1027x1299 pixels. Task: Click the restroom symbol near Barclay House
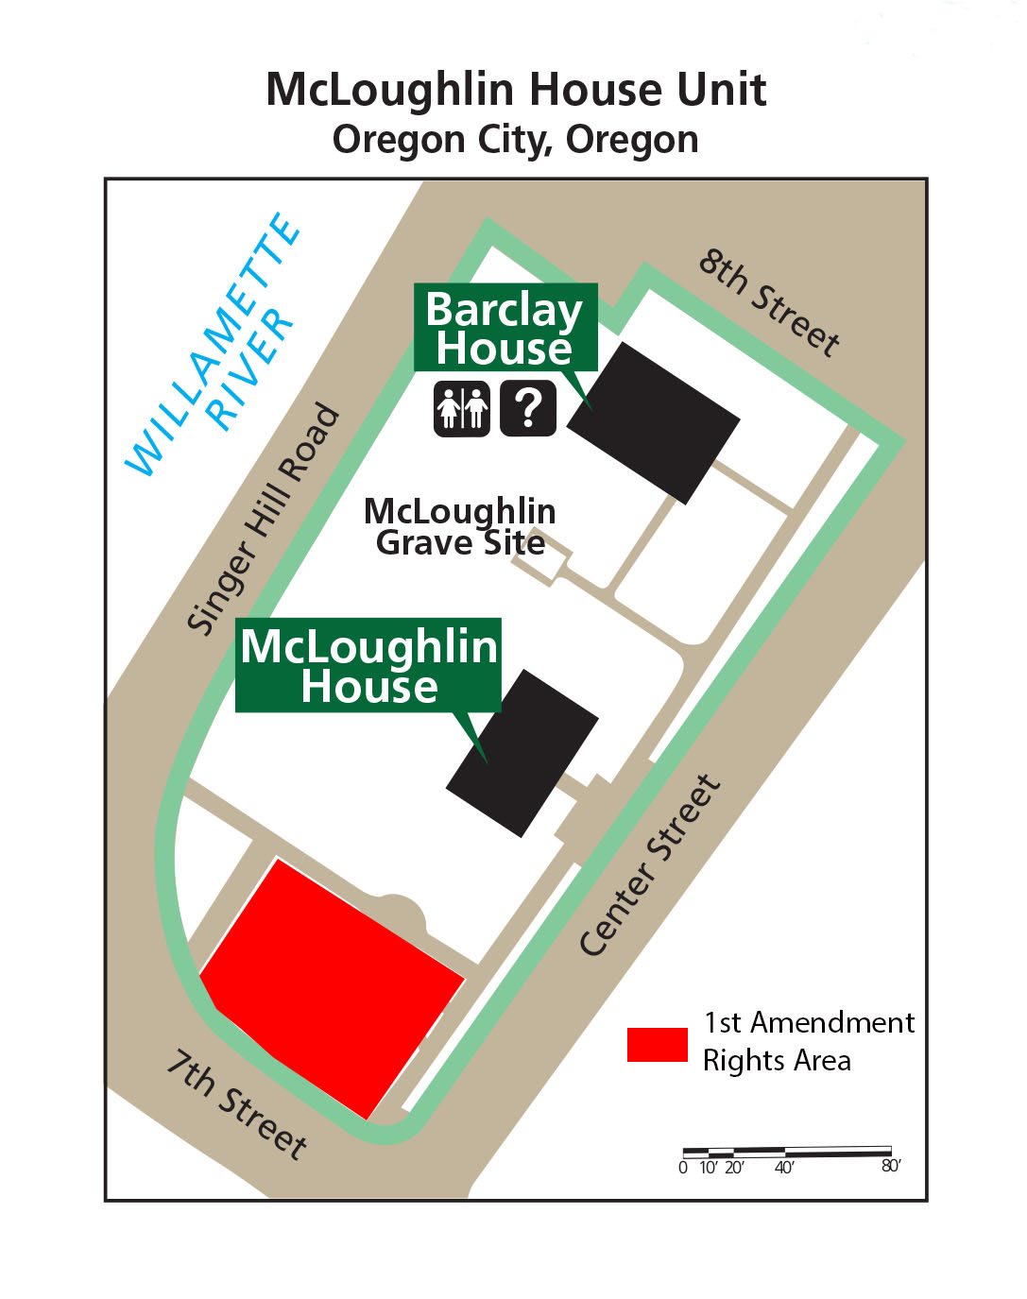461,409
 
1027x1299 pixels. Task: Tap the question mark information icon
528,409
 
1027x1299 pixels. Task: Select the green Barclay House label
505,329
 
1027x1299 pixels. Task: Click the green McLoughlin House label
368,665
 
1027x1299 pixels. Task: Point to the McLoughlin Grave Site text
460,526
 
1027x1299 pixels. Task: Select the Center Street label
649,865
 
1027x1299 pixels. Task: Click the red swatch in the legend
657,1044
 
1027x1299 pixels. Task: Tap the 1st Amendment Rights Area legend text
808,1041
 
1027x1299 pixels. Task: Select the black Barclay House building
653,421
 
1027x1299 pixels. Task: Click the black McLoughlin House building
522,753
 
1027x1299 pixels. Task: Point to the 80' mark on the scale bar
891,1166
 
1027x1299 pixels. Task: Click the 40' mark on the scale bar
784,1167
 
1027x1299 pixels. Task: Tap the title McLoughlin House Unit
516,90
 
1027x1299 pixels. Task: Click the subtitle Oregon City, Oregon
516,140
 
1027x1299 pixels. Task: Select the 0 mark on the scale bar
683,1167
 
